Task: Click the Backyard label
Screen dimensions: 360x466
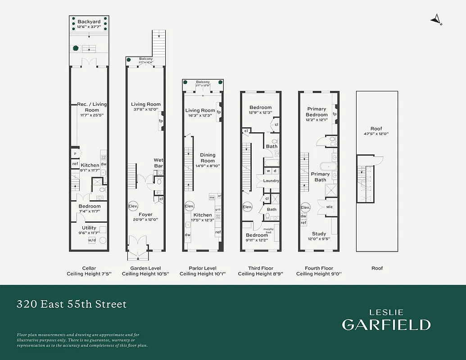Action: pos(89,22)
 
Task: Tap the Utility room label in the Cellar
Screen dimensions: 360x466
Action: pos(89,228)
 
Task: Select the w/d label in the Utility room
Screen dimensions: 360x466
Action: pos(92,240)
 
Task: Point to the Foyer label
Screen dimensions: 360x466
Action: pos(145,215)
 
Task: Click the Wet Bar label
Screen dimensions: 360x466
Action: pos(158,163)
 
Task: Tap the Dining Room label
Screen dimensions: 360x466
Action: pos(208,158)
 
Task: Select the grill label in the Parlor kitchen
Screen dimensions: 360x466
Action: pos(217,210)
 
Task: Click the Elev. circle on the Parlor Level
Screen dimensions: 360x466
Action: pos(189,207)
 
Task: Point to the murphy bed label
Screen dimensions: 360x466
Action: pos(268,230)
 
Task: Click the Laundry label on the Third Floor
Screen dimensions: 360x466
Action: pos(271,181)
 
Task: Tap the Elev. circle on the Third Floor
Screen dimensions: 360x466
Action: pos(247,207)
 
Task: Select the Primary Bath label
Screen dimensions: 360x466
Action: pos(320,177)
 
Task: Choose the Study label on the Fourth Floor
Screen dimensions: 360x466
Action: pos(319,234)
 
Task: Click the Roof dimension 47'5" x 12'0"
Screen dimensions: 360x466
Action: pos(376,134)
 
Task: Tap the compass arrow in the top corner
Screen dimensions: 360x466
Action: pos(435,19)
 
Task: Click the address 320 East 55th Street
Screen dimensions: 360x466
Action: pos(72,304)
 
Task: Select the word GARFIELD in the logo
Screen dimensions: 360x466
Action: pos(386,324)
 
